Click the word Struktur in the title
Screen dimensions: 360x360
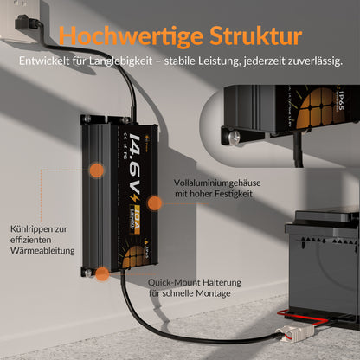(255, 36)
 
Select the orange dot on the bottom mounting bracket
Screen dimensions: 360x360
(101, 274)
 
